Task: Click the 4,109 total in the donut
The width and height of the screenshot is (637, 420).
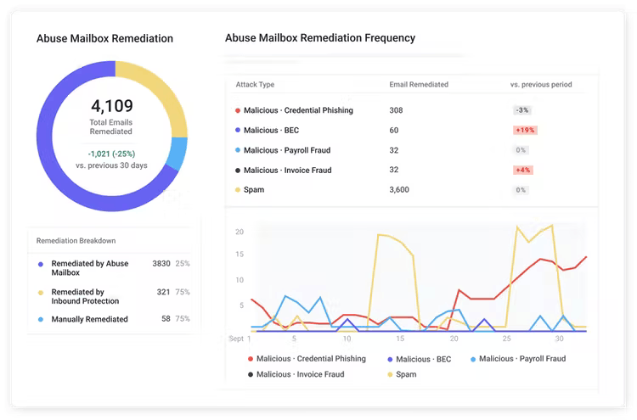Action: [111, 107]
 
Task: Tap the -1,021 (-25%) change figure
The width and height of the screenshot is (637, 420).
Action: [111, 154]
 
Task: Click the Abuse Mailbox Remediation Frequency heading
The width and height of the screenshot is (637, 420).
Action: [319, 38]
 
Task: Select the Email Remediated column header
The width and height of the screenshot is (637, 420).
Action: [419, 85]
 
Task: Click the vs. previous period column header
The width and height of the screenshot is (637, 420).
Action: [540, 85]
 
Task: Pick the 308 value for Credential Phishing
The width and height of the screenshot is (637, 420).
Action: [396, 110]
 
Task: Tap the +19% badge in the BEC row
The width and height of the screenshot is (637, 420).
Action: [524, 131]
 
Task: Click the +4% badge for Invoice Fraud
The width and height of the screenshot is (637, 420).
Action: [522, 170]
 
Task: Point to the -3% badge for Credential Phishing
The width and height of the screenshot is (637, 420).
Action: [521, 110]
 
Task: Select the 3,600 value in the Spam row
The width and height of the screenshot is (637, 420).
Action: [399, 190]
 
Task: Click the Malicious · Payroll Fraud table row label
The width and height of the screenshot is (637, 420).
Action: [286, 150]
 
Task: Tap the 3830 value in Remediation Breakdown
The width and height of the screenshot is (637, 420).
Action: [161, 264]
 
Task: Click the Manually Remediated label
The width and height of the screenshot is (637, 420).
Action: [89, 319]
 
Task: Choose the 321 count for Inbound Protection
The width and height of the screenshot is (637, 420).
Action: [163, 291]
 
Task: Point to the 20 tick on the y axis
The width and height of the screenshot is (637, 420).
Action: [240, 232]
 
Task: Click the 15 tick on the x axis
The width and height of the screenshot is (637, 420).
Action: [346, 338]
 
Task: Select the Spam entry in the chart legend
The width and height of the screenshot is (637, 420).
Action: [406, 374]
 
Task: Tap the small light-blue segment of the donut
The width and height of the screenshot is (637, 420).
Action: [178, 153]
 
